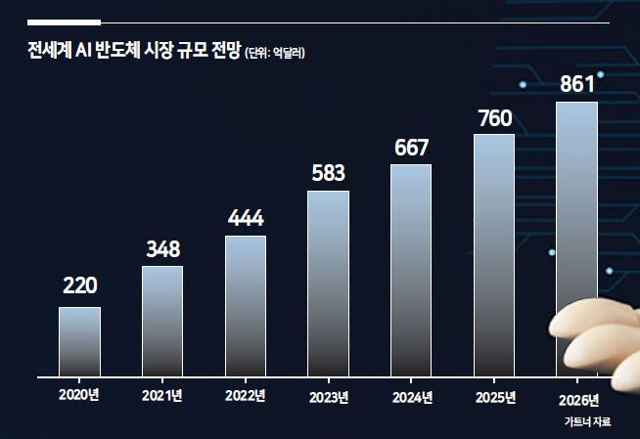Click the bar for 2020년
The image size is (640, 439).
pyautogui.click(x=79, y=341)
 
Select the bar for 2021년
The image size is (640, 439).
pyautogui.click(x=162, y=322)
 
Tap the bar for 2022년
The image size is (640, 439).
pyautogui.click(x=246, y=306)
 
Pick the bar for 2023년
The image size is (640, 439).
pyautogui.click(x=328, y=284)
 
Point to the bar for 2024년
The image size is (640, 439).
pyautogui.click(x=411, y=271)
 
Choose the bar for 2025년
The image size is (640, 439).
pyautogui.click(x=494, y=255)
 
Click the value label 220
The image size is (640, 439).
pyautogui.click(x=80, y=285)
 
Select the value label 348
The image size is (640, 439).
pyautogui.click(x=162, y=249)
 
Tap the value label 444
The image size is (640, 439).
pyautogui.click(x=246, y=218)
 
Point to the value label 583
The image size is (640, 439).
pyautogui.click(x=329, y=173)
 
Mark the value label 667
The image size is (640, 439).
pyautogui.click(x=411, y=148)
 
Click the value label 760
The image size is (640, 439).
pyautogui.click(x=495, y=118)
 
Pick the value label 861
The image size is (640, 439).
pyautogui.click(x=577, y=84)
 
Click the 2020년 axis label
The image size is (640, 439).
pyautogui.click(x=78, y=395)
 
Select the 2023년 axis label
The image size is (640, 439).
pyautogui.click(x=329, y=397)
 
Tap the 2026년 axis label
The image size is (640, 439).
pyautogui.click(x=578, y=400)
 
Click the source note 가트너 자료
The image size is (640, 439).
pyautogui.click(x=587, y=421)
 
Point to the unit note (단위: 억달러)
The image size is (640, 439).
pyautogui.click(x=275, y=53)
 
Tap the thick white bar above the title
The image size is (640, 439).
pyautogui.click(x=64, y=22)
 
